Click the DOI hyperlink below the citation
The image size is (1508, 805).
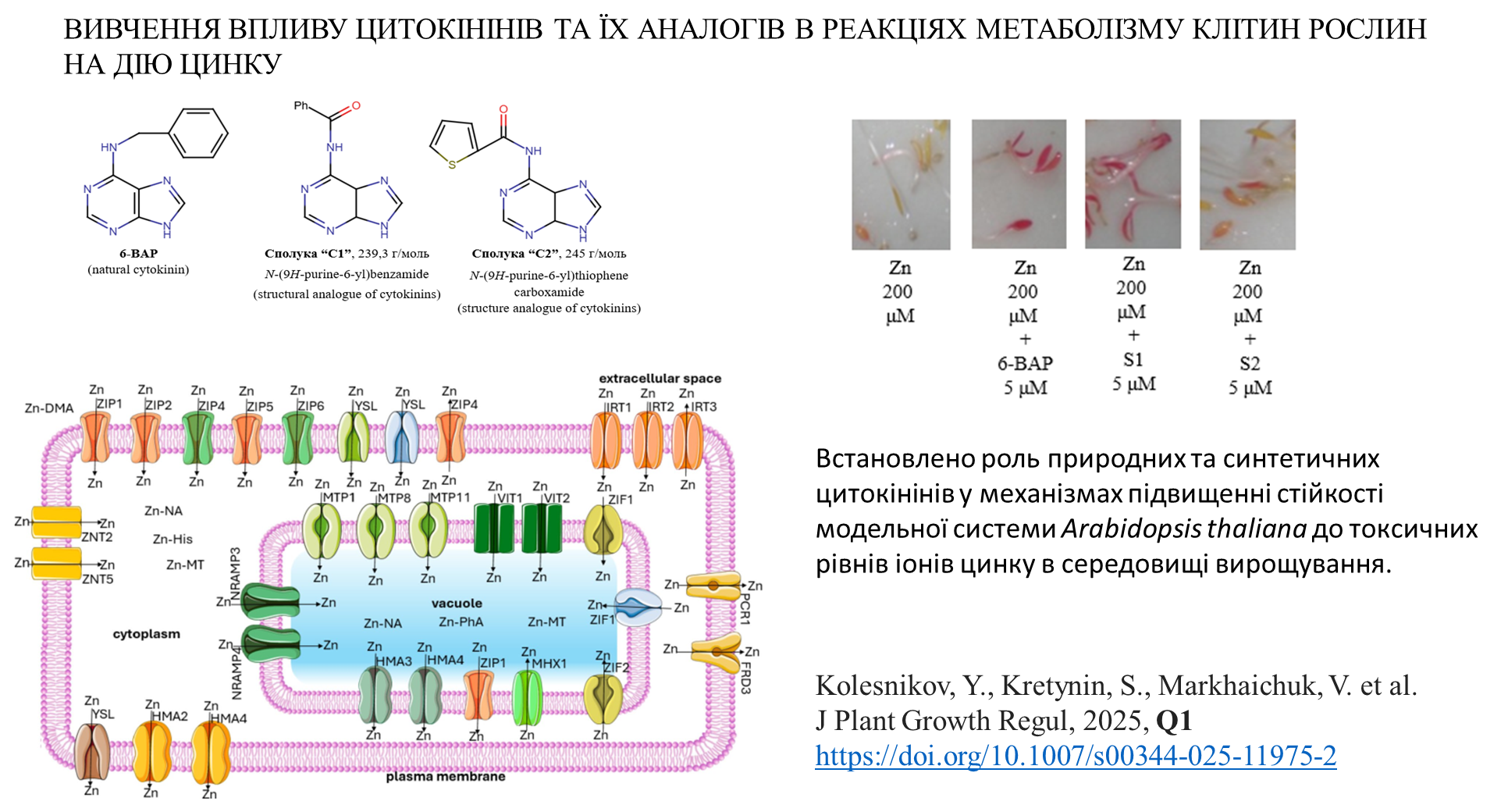[x=1076, y=756]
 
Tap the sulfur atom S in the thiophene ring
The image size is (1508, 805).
[x=452, y=165]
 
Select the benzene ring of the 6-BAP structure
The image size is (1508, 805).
[x=199, y=133]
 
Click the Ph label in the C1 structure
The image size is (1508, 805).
[x=301, y=105]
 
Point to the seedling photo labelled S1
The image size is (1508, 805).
[x=1133, y=183]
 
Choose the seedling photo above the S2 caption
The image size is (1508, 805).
[x=1247, y=184]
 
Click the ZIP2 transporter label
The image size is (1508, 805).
[x=158, y=405]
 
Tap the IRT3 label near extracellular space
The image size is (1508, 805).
[x=703, y=407]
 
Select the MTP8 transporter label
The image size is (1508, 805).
[x=394, y=498]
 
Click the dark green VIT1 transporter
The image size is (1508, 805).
[x=494, y=529]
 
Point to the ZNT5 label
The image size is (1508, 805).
[x=98, y=579]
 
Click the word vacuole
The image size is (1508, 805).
[x=457, y=604]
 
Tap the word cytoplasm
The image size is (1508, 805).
[x=146, y=634]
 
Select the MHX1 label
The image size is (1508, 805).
[x=549, y=664]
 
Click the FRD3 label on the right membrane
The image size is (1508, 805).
[x=745, y=678]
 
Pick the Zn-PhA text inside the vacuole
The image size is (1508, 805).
[x=461, y=622]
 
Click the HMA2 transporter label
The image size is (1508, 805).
[x=169, y=717]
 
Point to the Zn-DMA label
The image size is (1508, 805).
[x=49, y=408]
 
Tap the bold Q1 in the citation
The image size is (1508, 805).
[x=1173, y=721]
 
